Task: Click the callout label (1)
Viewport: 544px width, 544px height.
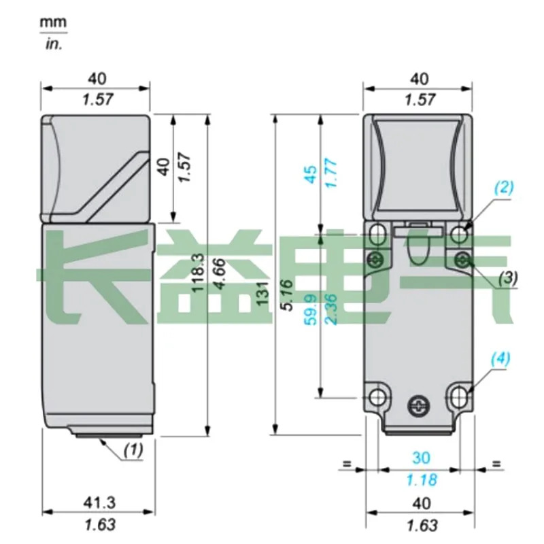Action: coord(133,450)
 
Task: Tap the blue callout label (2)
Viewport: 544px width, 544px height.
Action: coord(504,188)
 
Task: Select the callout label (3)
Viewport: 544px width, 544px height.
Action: coord(508,277)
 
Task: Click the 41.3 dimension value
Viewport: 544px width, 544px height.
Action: coord(99,503)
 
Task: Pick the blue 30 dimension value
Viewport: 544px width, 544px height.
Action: coord(421,458)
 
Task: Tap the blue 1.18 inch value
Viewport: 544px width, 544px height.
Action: coord(422,480)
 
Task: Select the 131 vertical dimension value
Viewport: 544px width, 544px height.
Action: coord(262,294)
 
